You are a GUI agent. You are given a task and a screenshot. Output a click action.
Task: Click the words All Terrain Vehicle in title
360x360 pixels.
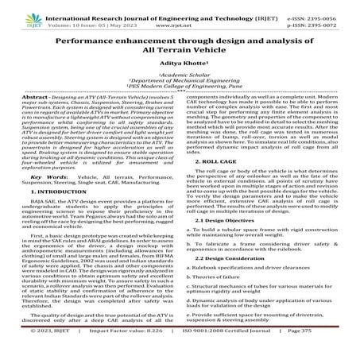[180, 49]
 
